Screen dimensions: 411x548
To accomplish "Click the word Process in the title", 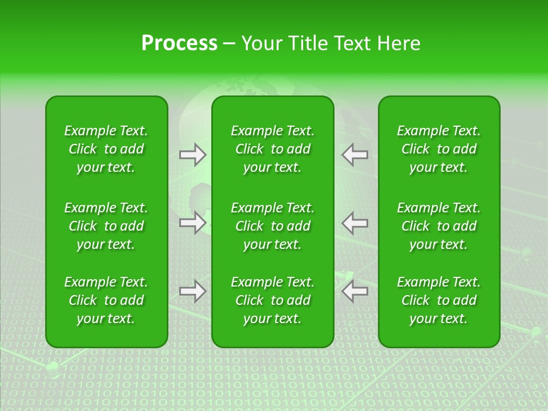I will [179, 43].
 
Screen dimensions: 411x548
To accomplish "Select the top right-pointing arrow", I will [192, 155].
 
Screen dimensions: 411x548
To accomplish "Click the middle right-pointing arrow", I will [192, 223].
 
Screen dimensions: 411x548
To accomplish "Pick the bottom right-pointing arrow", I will [192, 291].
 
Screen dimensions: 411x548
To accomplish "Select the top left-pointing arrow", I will [354, 155].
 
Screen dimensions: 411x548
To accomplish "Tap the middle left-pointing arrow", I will [354, 223].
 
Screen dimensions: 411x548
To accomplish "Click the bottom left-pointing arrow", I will [354, 291].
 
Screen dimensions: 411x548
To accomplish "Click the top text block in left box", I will [106, 149].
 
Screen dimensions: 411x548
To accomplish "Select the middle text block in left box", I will [106, 226].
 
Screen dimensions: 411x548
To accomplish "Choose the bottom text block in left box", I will [106, 300].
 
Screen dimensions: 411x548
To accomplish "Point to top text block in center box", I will [272, 149].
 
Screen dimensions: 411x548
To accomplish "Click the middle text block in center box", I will [272, 226].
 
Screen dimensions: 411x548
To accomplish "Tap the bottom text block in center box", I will [272, 300].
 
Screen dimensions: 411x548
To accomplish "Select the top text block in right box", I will [438, 149].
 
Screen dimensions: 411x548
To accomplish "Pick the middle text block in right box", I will [438, 226].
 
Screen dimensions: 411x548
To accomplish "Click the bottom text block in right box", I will [438, 300].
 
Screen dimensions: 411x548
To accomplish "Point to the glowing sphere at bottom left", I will [52, 366].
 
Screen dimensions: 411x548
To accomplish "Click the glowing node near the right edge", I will [535, 331].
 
